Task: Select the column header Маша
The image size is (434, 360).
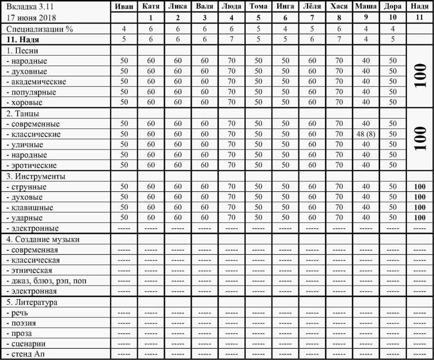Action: tap(365, 7)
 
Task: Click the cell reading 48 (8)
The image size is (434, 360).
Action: tap(365, 134)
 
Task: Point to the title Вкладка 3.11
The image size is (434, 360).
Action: tap(25, 7)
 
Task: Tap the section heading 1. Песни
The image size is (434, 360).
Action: tap(22, 50)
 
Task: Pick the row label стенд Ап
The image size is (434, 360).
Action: tap(25, 353)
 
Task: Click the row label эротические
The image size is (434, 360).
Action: tap(33, 165)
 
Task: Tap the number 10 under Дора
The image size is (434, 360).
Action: tap(392, 17)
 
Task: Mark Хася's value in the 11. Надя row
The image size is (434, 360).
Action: tap(338, 39)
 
